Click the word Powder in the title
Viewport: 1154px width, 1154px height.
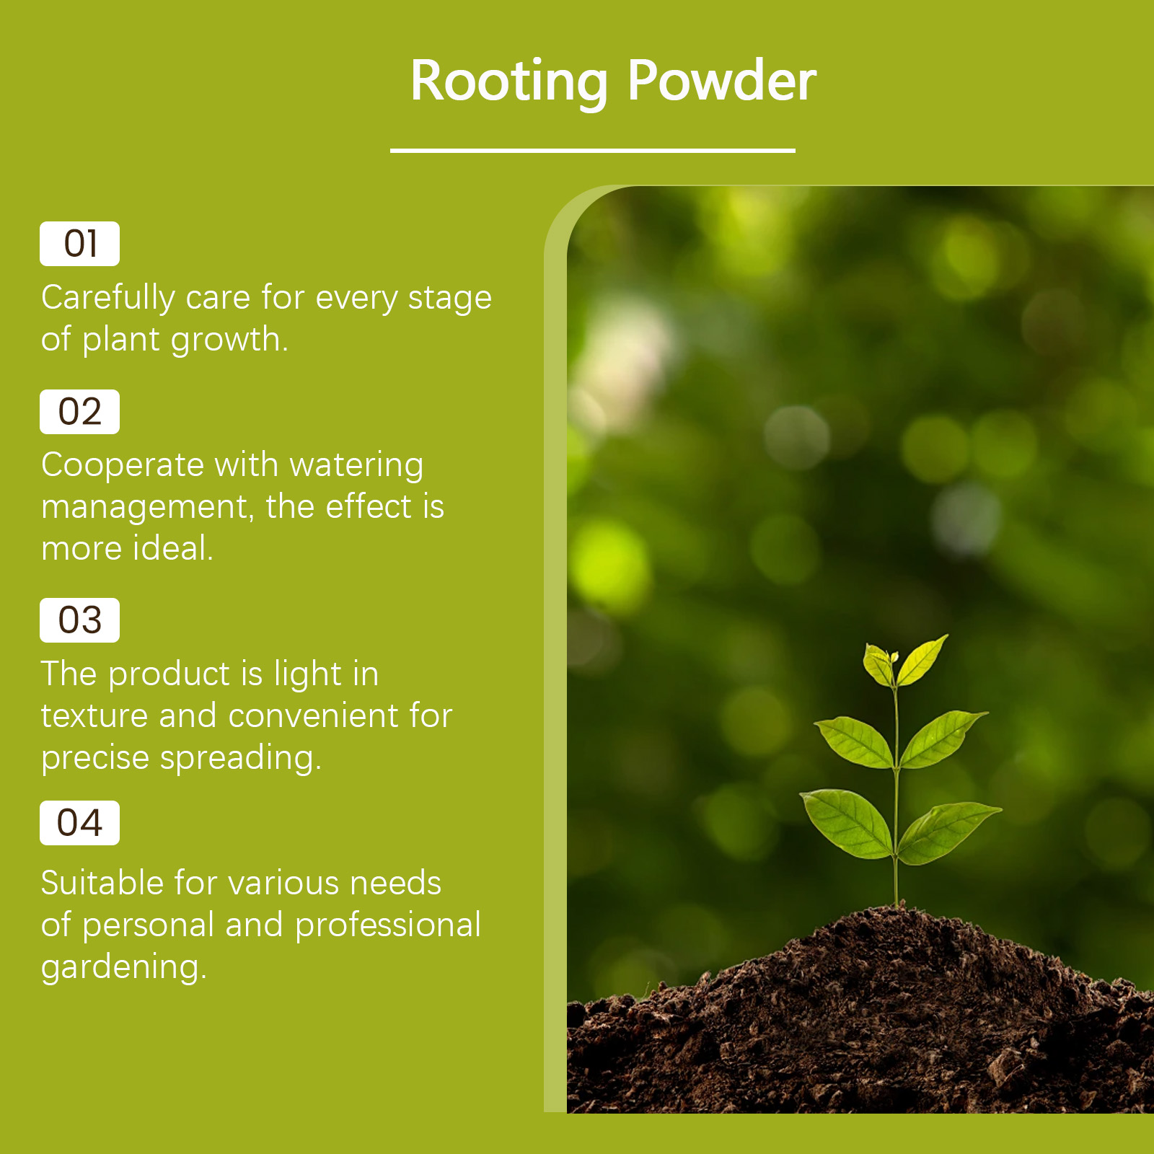click(x=722, y=79)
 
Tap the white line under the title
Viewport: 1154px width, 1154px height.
click(x=593, y=151)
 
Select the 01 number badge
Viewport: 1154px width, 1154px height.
click(x=79, y=244)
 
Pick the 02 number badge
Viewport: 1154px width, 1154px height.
click(x=79, y=412)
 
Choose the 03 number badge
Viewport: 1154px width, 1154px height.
click(x=79, y=620)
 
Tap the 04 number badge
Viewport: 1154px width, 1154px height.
click(x=79, y=823)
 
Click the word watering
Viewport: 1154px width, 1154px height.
click(x=356, y=466)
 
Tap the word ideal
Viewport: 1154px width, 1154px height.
click(x=173, y=548)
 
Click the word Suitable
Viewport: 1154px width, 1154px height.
click(x=102, y=883)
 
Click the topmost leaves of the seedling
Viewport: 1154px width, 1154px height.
click(x=904, y=661)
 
